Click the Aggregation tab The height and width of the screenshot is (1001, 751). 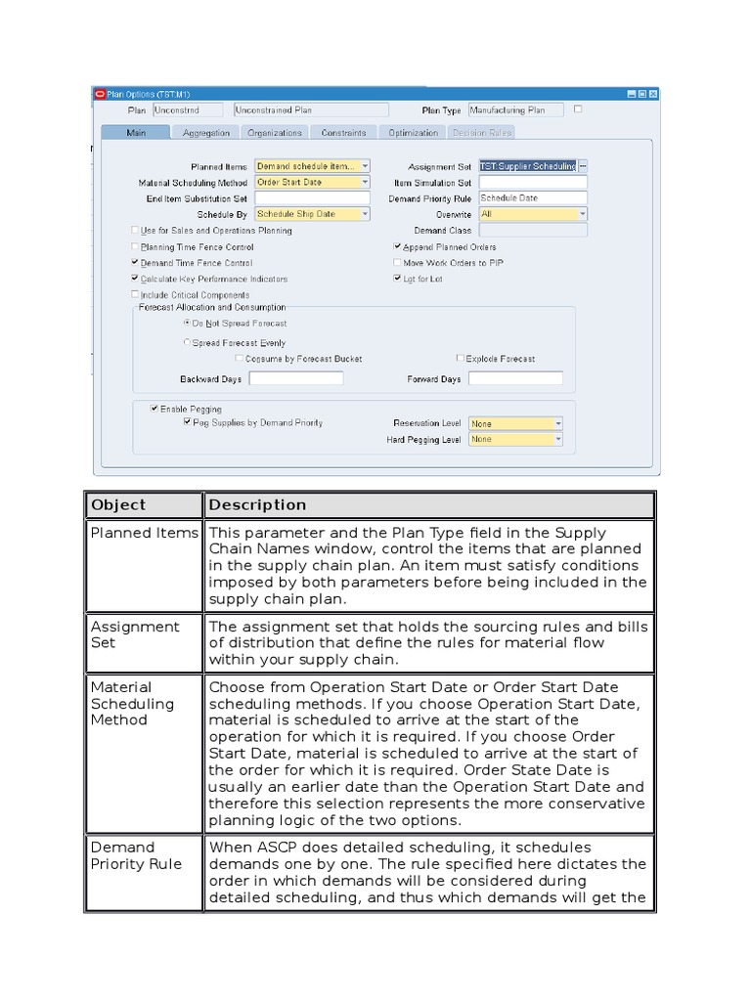(x=206, y=133)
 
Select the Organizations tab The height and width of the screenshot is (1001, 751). (x=275, y=133)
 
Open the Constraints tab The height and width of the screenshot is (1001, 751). (x=343, y=133)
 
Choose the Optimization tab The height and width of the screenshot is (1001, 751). (x=413, y=133)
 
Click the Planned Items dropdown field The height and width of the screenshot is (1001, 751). (x=312, y=166)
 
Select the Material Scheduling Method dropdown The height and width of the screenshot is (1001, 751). (x=312, y=182)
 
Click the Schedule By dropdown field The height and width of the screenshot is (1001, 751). (x=312, y=214)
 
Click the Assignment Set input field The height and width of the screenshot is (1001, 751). (x=528, y=166)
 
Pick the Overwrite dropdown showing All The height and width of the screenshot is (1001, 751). (x=533, y=214)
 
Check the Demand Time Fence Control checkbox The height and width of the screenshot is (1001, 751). (x=135, y=263)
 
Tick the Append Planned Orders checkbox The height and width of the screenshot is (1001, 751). (x=397, y=247)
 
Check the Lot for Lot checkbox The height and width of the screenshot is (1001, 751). (x=397, y=279)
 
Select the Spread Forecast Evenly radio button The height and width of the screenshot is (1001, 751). (x=188, y=343)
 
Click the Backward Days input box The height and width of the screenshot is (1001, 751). (x=296, y=378)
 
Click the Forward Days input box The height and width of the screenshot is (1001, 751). (x=515, y=378)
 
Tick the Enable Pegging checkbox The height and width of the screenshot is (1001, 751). (x=155, y=409)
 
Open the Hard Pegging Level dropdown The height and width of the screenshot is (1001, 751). (x=515, y=440)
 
